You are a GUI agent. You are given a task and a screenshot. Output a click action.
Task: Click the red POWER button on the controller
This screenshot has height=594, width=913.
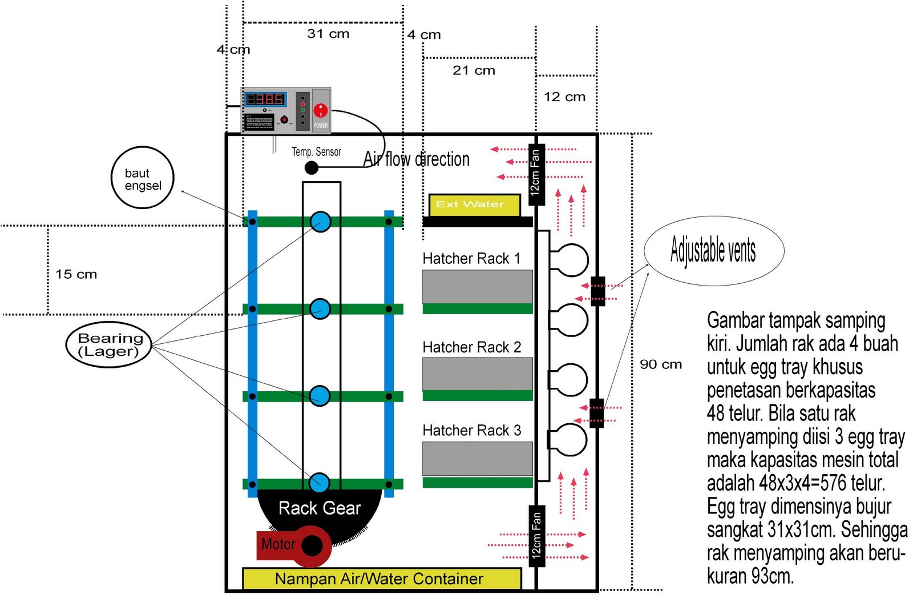(321, 110)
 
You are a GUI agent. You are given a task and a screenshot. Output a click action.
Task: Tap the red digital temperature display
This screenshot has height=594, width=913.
(265, 99)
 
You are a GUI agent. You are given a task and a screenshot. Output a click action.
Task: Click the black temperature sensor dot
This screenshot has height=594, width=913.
(311, 167)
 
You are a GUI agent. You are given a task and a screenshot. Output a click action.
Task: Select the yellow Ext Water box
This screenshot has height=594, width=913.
(474, 204)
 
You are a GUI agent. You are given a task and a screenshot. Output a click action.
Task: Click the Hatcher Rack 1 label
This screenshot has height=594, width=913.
(471, 259)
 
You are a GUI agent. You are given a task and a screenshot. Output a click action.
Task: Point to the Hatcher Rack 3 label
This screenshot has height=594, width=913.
(471, 431)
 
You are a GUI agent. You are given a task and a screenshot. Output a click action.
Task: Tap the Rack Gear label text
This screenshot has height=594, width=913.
(320, 508)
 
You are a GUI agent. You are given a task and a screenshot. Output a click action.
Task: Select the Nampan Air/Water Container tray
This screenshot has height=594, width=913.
(382, 579)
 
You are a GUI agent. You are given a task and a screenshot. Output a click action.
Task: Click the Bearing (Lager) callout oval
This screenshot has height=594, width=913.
(108, 345)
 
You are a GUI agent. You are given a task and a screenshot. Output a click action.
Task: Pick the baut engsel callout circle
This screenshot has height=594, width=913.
(142, 178)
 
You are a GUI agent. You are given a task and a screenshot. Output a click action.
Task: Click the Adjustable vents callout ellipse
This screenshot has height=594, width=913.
(713, 250)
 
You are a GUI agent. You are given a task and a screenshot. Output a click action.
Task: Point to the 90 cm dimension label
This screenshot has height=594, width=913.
(661, 364)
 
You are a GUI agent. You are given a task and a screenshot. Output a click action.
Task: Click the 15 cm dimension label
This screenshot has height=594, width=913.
(76, 274)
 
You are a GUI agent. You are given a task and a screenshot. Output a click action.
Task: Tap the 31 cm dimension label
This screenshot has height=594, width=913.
(328, 34)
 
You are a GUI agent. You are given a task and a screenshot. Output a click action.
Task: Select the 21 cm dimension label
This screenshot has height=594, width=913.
(474, 70)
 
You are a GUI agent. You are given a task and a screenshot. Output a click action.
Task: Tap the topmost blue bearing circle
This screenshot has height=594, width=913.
(320, 222)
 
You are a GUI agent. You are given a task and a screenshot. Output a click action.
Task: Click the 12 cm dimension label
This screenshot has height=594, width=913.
(564, 97)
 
